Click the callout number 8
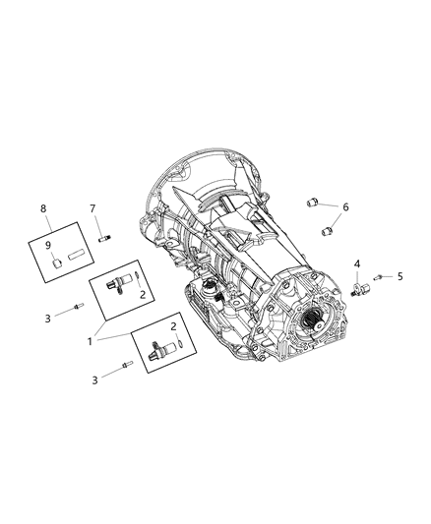(x=42, y=208)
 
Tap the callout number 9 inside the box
(x=50, y=245)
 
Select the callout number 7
(x=92, y=208)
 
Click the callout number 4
(x=357, y=262)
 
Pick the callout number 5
(x=400, y=276)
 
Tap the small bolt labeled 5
(x=379, y=277)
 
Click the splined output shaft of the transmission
(x=316, y=320)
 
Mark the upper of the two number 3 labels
(x=46, y=318)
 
